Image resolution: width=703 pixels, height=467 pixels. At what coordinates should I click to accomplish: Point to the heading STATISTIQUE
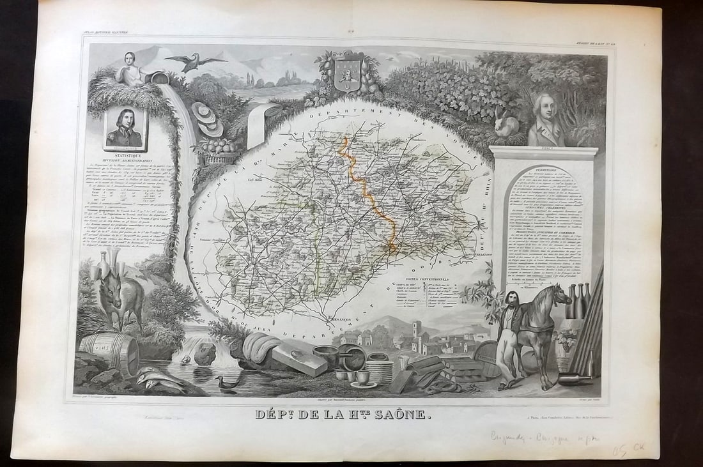point(125,155)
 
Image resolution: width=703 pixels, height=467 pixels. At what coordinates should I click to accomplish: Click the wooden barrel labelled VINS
point(109,350)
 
